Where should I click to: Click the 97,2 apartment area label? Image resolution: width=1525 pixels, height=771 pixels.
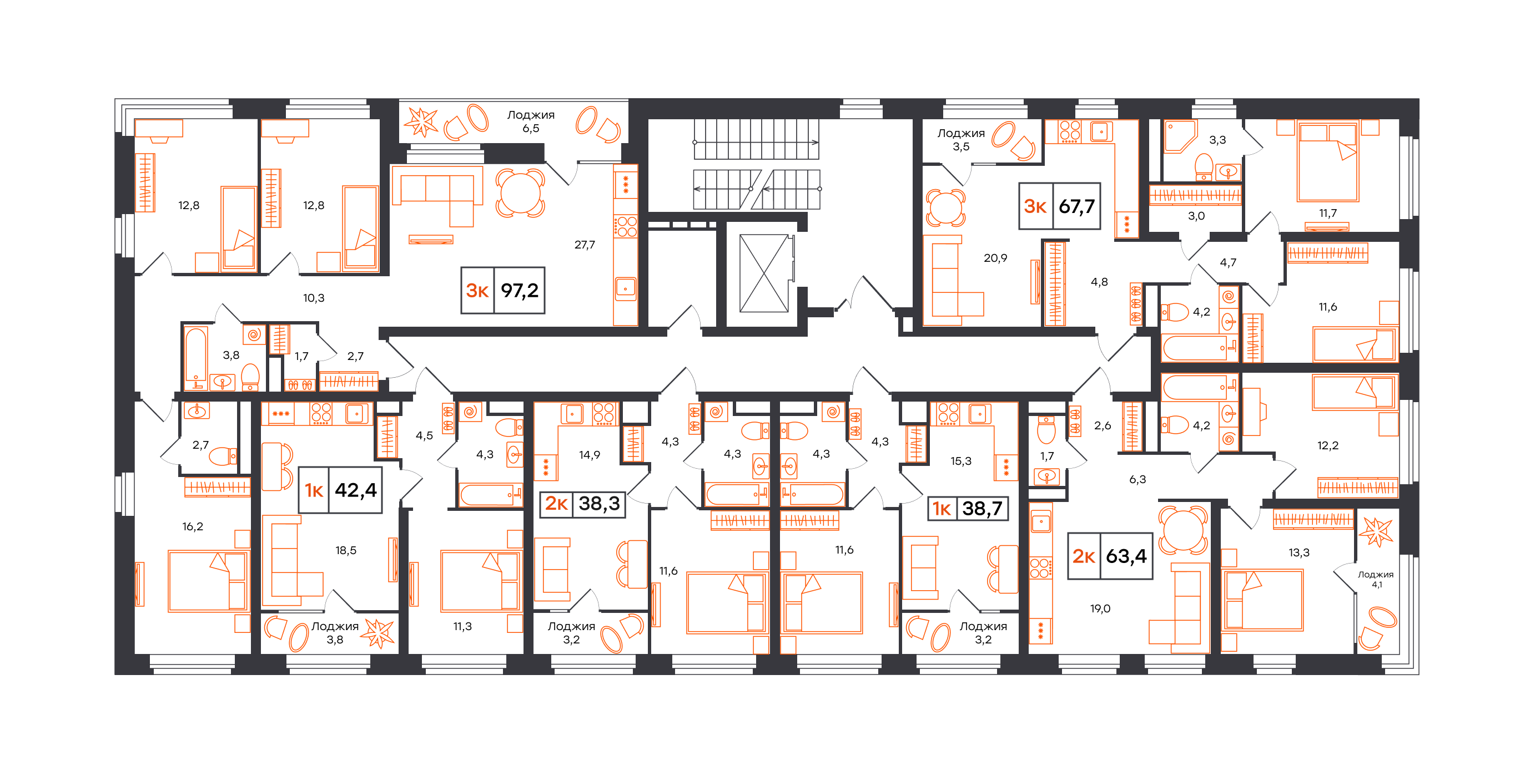[x=502, y=290]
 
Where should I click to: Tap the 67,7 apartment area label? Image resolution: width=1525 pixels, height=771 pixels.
[x=1060, y=206]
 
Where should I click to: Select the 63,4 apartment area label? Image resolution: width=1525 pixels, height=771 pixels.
[x=1110, y=556]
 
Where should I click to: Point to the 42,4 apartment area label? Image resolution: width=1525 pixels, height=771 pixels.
[x=340, y=490]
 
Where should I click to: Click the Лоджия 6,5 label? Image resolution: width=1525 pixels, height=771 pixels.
[x=530, y=121]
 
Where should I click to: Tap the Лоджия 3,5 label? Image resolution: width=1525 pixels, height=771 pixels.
[x=961, y=140]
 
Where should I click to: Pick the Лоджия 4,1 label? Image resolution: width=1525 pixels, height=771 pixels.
[x=1376, y=579]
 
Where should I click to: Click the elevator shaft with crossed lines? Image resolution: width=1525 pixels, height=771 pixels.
[x=764, y=273]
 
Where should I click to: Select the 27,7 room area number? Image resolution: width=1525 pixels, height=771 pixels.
[x=585, y=245]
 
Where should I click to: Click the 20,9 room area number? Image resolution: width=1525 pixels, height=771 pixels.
[x=995, y=258]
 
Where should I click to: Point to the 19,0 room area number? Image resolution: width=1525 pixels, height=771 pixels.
[x=1100, y=608]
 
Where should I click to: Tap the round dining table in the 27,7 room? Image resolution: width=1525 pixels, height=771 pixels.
[x=520, y=192]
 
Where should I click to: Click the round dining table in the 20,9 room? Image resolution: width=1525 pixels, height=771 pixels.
[x=945, y=207]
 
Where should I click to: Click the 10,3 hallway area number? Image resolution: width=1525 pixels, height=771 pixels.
[x=314, y=298]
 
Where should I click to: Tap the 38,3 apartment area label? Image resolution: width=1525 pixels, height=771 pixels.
[x=582, y=504]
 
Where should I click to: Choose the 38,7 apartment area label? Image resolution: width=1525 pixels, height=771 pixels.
[x=967, y=508]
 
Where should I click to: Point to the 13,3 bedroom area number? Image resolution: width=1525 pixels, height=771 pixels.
[x=1299, y=552]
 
